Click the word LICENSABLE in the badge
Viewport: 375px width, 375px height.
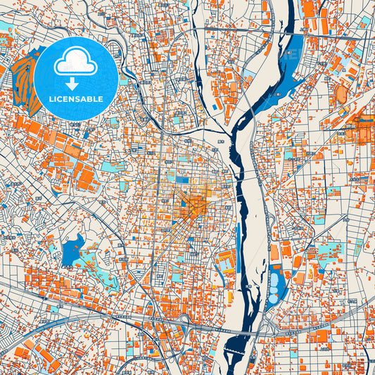[75, 99]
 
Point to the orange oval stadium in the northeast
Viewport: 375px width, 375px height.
[342, 94]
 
